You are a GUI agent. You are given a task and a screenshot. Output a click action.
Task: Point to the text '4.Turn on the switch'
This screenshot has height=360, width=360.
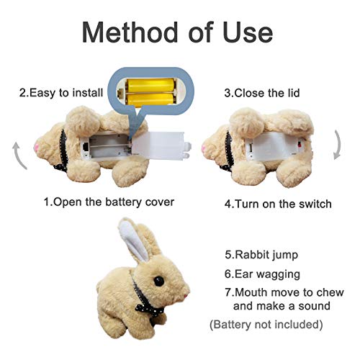277,203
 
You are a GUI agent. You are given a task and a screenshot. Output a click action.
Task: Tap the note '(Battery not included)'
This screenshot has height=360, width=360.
265,324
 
